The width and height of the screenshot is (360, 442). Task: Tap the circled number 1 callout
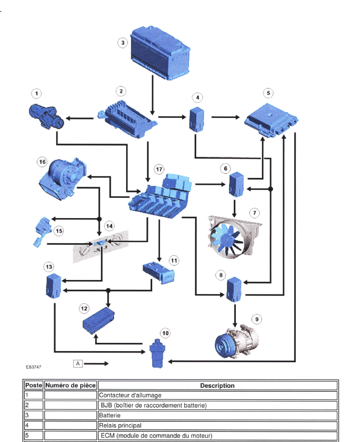[36, 93]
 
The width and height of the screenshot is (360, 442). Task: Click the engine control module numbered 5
[271, 119]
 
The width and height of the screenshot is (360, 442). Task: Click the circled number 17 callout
[159, 169]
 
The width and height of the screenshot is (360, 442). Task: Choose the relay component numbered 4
[197, 119]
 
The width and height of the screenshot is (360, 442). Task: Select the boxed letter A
[77, 363]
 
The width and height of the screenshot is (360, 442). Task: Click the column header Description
[217, 385]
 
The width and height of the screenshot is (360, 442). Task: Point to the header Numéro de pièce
[71, 385]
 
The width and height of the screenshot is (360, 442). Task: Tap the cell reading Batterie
[110, 415]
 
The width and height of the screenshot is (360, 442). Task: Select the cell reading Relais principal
[120, 426]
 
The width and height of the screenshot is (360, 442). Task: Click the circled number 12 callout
[85, 308]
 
